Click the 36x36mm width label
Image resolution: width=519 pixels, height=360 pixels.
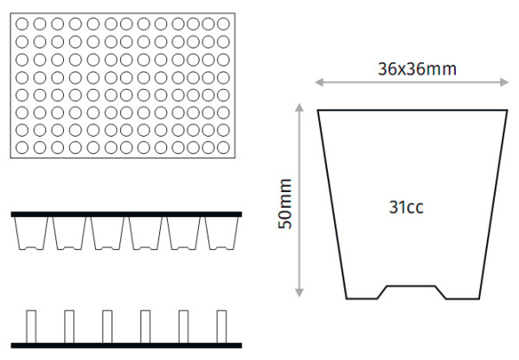417,69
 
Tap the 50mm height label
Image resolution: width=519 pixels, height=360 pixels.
285,204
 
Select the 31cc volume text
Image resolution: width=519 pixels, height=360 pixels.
407,208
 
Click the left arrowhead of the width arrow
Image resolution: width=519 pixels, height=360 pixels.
319,82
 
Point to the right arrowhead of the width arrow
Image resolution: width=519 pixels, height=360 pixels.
504,82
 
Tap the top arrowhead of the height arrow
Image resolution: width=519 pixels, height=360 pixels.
299,107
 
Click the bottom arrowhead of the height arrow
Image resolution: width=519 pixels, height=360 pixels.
299,292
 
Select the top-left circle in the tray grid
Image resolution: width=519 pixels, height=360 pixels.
22,24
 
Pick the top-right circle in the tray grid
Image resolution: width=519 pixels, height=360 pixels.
223,24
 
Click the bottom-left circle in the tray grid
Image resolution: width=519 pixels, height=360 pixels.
22,147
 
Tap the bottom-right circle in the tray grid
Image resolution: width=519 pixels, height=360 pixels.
223,147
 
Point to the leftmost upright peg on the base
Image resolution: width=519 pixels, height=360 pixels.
31,326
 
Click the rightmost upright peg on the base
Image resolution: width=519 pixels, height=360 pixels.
221,326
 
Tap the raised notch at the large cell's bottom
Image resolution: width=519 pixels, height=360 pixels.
411,286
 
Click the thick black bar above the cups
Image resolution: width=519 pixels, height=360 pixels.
126,215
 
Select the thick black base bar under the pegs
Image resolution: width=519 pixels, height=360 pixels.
126,345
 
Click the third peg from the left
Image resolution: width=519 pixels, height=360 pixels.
107,326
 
